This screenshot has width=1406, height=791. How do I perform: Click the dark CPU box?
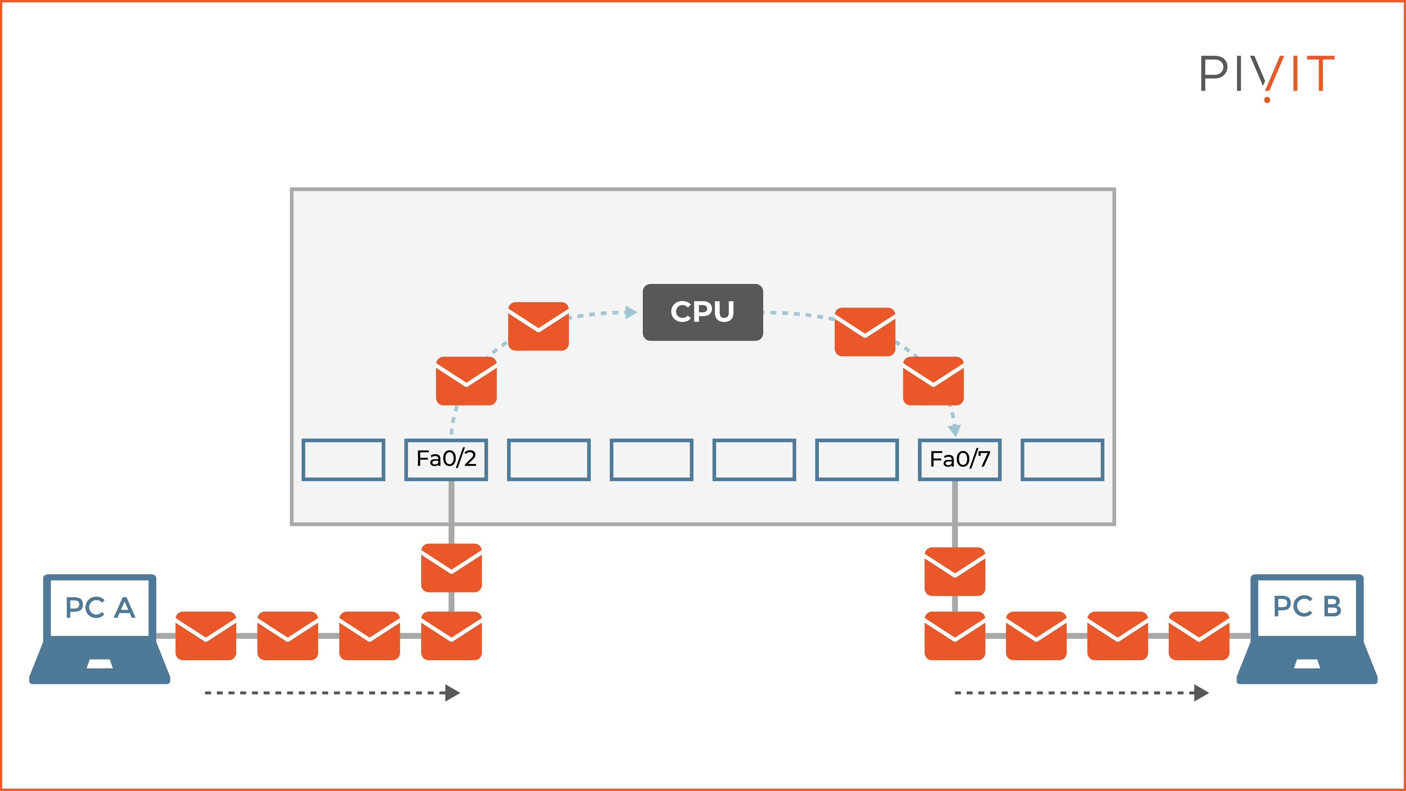[702, 312]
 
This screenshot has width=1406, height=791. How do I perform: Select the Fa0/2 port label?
[446, 459]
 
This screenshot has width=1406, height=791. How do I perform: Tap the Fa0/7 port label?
[960, 459]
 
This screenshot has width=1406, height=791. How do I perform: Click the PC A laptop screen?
[100, 607]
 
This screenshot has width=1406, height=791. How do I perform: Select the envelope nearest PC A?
[206, 635]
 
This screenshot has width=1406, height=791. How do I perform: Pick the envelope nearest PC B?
[1199, 635]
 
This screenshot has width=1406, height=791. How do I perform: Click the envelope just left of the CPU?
[538, 326]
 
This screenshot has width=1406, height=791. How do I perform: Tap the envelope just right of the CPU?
[865, 332]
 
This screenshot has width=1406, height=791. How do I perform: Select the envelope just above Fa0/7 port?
[933, 380]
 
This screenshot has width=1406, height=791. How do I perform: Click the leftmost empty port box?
[343, 459]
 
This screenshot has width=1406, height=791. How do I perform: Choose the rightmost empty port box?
[1062, 459]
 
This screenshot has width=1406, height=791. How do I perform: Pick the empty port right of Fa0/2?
[549, 459]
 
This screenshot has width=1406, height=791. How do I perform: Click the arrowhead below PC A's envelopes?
[452, 693]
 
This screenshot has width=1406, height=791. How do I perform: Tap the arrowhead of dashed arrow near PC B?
[1201, 693]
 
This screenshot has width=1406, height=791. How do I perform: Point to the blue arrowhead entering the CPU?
[632, 312]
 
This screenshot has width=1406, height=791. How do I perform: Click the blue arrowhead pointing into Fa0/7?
[954, 430]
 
